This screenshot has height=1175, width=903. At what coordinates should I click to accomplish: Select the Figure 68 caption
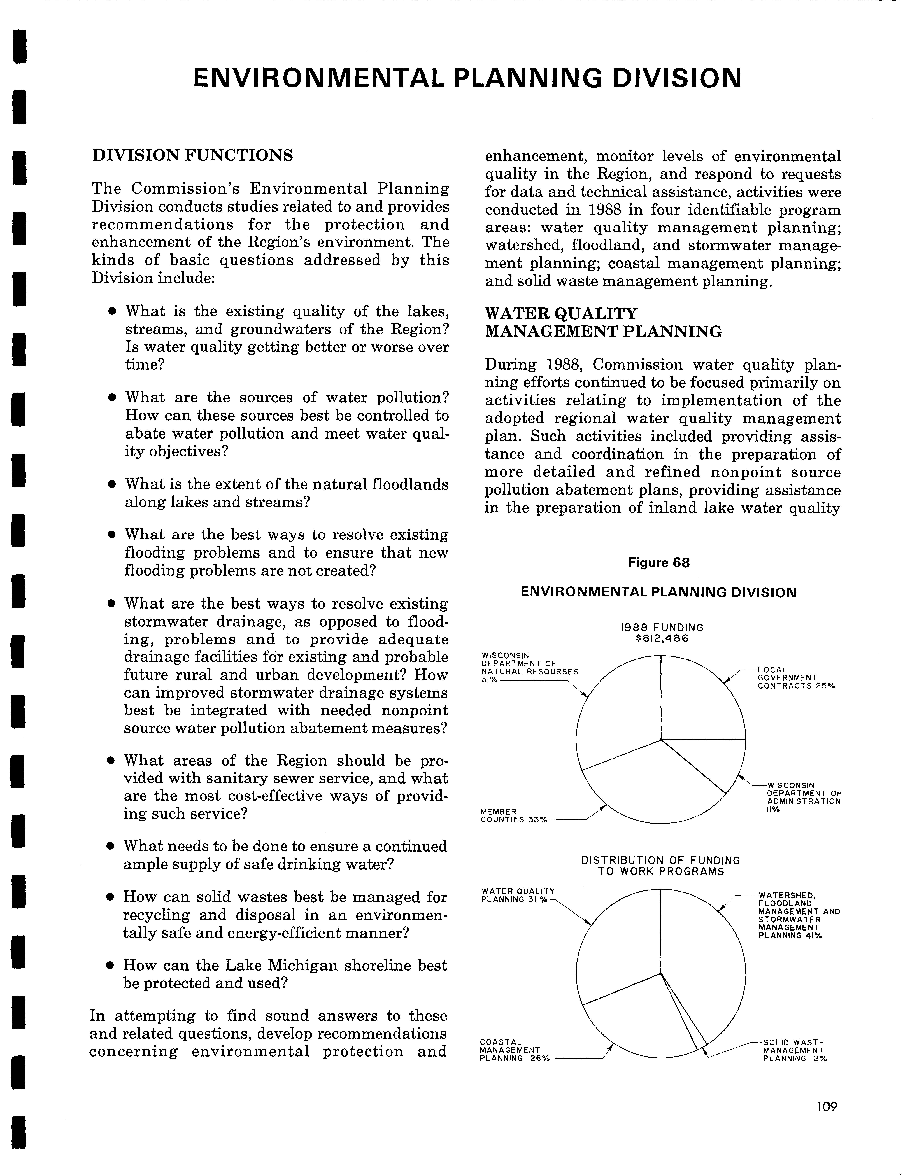tap(658, 563)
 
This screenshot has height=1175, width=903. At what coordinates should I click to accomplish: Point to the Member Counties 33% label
tap(513, 815)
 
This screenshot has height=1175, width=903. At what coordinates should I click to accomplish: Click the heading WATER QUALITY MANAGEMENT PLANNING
tap(603, 323)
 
